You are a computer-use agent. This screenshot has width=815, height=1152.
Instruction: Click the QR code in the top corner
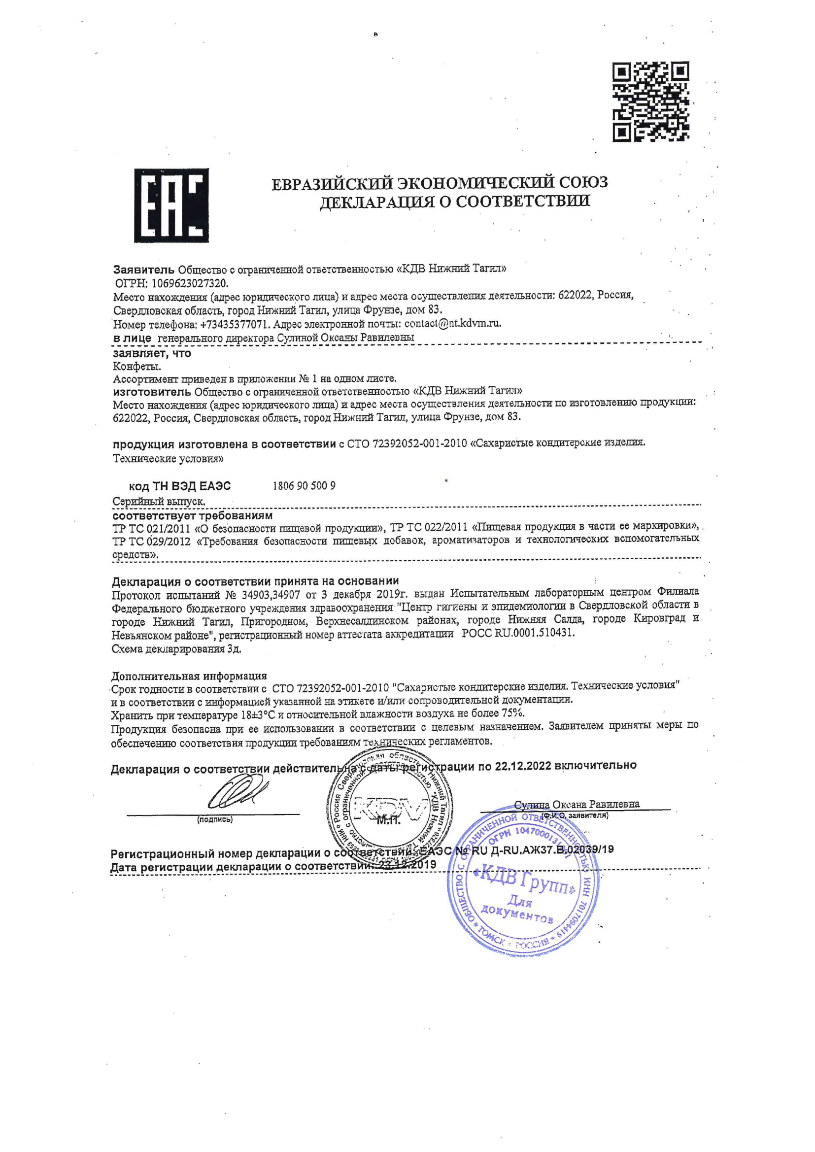(650, 102)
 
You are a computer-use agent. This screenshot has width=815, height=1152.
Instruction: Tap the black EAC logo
(171, 205)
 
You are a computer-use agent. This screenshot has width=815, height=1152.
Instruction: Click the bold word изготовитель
(152, 391)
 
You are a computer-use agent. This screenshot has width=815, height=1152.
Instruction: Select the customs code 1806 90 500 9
(304, 486)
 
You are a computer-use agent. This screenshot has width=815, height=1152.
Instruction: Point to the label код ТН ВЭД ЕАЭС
(180, 486)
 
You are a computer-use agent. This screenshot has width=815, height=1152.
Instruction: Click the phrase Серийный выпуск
(159, 501)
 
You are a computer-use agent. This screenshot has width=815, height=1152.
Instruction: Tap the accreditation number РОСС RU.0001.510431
(518, 633)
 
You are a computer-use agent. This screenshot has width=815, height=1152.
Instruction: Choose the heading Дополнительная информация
(189, 676)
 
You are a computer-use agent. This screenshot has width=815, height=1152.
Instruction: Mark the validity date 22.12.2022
(523, 766)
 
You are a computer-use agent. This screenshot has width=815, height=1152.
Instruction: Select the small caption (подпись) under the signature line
(214, 820)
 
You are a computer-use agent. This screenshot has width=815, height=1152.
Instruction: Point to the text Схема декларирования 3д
(176, 649)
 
